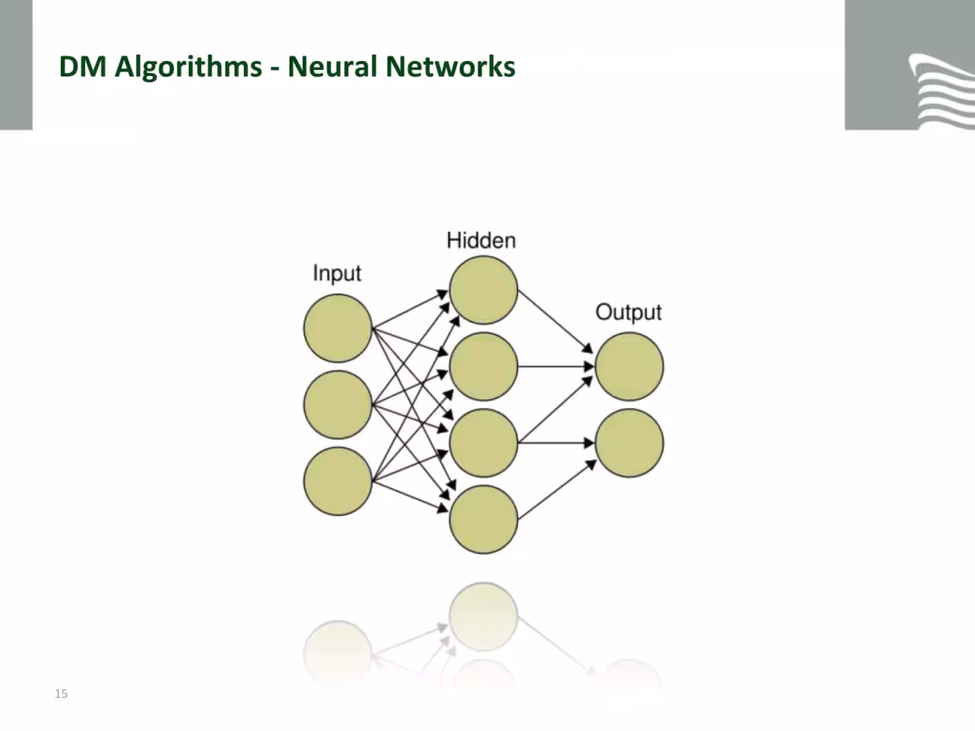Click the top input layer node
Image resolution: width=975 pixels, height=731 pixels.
pos(337,328)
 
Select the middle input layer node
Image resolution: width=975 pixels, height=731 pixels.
pos(337,405)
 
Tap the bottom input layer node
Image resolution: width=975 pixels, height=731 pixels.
pos(337,481)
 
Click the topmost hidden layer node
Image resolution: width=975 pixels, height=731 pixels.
pos(483,290)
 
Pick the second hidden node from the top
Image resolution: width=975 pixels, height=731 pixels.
pos(483,366)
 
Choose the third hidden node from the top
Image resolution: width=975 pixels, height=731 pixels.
pos(483,443)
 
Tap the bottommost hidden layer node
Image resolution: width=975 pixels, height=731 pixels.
pos(483,519)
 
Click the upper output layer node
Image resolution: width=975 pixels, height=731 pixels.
pos(629,366)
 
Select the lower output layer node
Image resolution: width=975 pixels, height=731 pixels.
pos(629,443)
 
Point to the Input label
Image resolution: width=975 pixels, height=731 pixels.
pos(337,273)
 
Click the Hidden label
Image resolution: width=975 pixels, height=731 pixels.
pos(481,241)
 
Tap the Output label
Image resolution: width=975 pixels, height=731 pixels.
pos(628,312)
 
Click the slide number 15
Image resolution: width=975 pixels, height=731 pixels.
pos(61,694)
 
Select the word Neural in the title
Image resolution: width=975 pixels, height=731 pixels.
pos(333,66)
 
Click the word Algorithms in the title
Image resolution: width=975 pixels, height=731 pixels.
pos(188,68)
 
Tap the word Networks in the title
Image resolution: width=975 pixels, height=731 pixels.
pos(450,66)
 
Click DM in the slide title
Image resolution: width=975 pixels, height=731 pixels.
pos(82,66)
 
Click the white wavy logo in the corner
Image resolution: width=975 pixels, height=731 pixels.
pos(941,91)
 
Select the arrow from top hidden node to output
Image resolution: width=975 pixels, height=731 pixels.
pos(556,322)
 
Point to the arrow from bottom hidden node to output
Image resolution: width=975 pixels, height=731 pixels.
pos(557,490)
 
